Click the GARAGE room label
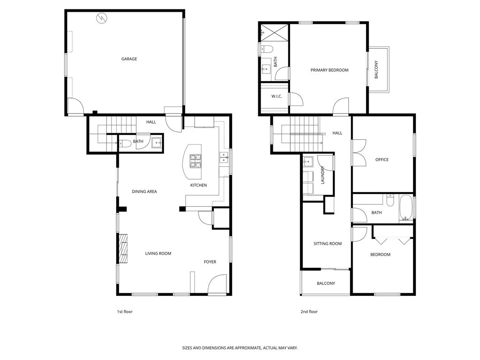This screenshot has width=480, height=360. tap(129, 59)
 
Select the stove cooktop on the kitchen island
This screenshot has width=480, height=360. tap(196, 161)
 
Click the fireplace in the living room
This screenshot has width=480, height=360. tap(123, 249)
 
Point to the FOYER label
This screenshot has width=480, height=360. tap(210, 262)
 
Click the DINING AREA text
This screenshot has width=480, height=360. tap(144, 191)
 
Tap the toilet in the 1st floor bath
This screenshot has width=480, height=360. tap(123, 144)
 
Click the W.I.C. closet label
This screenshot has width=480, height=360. tap(276, 97)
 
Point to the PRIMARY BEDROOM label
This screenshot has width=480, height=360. tap(330, 70)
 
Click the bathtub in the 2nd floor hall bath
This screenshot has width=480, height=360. tap(405, 209)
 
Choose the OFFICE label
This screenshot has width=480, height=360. tap(382, 160)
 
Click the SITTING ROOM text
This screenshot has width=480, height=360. tap(327, 244)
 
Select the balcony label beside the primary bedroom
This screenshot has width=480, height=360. tap(376, 69)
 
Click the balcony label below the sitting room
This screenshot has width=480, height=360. tap(325, 284)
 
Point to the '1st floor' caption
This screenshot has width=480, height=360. tap(125, 312)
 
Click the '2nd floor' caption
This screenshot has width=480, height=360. tap(309, 312)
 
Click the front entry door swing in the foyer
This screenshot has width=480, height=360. tap(217, 285)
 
